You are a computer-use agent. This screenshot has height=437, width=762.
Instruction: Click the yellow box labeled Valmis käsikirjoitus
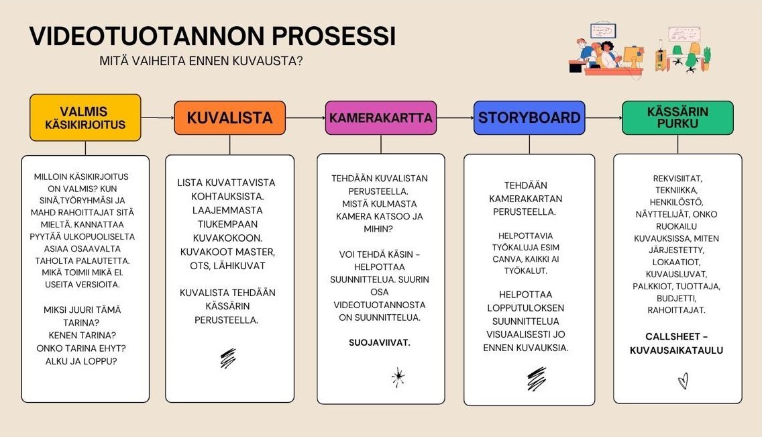pos(86,117)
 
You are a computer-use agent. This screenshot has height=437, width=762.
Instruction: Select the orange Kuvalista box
pos(230,117)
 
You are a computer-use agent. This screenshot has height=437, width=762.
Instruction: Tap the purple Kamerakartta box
pos(381,117)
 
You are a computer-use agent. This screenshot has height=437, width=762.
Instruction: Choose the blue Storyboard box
pos(529,117)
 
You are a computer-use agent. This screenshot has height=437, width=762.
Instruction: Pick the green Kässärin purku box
pos(678,117)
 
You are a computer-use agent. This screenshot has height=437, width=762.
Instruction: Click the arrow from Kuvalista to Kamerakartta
pos(305,117)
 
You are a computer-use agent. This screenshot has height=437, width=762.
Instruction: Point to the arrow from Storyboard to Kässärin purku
pos(604,117)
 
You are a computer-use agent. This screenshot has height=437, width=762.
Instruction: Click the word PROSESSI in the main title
pos(333,36)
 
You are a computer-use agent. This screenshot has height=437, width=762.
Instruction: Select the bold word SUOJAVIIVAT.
pos(380,343)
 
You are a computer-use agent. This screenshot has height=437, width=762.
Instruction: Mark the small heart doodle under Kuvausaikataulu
pos(684,381)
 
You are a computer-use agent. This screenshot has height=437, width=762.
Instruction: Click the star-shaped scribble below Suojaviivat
pos(398,378)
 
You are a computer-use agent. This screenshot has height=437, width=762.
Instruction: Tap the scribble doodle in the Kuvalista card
pos(228,358)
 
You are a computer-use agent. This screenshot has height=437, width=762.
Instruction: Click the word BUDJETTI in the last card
pos(676,298)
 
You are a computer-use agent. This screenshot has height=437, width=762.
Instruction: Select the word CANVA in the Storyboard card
pos(507,259)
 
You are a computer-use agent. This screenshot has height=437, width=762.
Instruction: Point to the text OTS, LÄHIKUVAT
pos(227,266)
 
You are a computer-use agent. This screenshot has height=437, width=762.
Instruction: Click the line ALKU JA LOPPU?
pos(81,361)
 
